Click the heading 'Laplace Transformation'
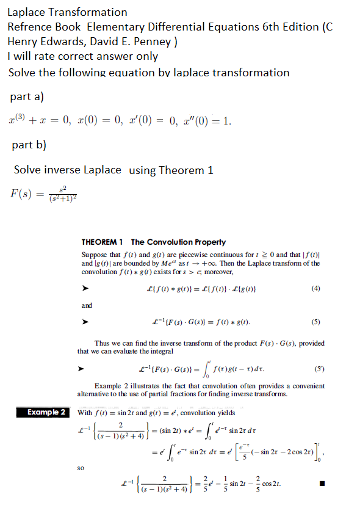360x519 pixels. point(67,12)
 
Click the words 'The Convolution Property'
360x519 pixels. point(179,242)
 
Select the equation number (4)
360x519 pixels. point(315,288)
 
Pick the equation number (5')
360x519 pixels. point(315,369)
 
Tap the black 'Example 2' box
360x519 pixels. point(46,413)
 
